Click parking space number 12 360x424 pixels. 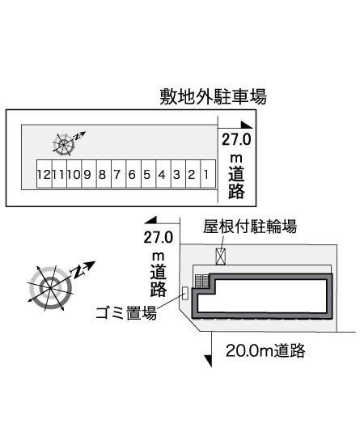pyautogui.click(x=44, y=174)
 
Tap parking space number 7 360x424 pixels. pyautogui.click(x=119, y=174)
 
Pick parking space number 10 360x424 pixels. pyautogui.click(x=74, y=174)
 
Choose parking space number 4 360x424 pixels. pyautogui.click(x=163, y=174)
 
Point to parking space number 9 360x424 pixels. pyautogui.click(x=89, y=174)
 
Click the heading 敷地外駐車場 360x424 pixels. pyautogui.click(x=214, y=97)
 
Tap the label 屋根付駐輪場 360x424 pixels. pyautogui.click(x=250, y=226)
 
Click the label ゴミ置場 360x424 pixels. pyautogui.click(x=126, y=313)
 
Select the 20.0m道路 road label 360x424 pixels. pyautogui.click(x=265, y=350)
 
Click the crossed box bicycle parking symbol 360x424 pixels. pyautogui.click(x=221, y=257)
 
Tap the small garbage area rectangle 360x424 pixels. pyautogui.click(x=185, y=293)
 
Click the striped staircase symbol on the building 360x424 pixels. pyautogui.click(x=202, y=281)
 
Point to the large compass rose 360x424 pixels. pyautogui.click(x=51, y=288)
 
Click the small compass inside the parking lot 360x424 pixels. pyautogui.click(x=64, y=145)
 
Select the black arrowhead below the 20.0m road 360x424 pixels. pyautogui.click(x=208, y=361)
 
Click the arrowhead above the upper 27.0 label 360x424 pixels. pyautogui.click(x=247, y=125)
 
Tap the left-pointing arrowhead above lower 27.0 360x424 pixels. pyautogui.click(x=150, y=220)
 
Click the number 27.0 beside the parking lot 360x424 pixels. pyautogui.click(x=236, y=140)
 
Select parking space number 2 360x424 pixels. pyautogui.click(x=193, y=174)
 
